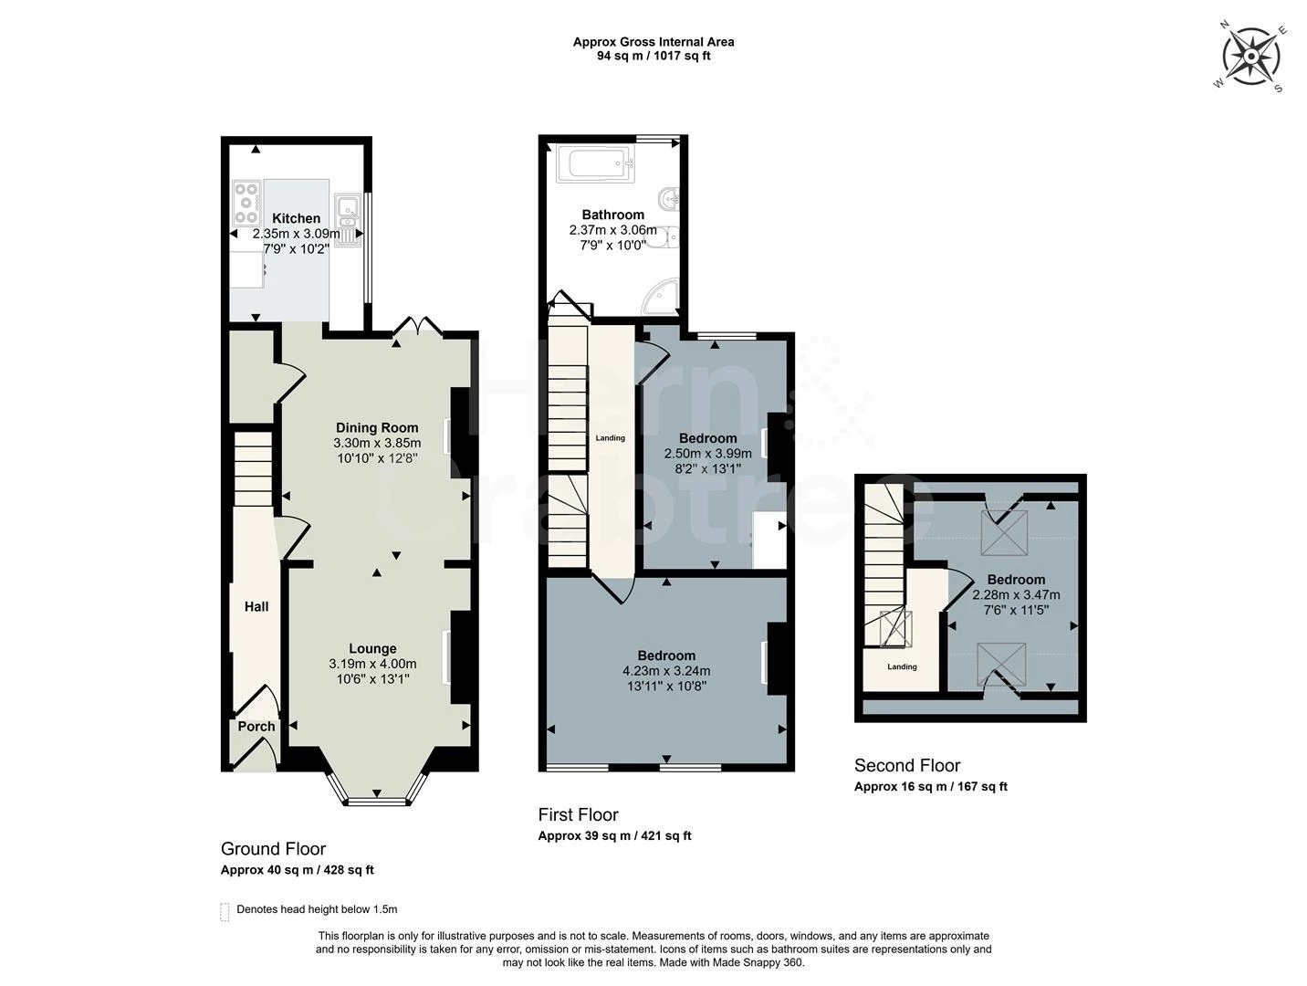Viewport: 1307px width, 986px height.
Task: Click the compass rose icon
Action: coord(1251,58)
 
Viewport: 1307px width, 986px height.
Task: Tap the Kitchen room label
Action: coord(296,218)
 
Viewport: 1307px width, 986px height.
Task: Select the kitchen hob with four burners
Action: coord(246,203)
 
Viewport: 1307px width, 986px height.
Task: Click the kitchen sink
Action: coord(348,220)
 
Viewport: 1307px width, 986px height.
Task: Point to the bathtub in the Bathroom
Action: coord(595,163)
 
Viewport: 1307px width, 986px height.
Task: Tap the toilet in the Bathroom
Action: coord(663,237)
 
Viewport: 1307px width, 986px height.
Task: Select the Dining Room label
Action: coord(377,427)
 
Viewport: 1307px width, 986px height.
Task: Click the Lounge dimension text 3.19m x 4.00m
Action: coord(372,664)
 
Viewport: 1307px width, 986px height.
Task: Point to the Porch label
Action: coord(256,727)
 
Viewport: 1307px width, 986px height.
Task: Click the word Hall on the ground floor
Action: coord(256,606)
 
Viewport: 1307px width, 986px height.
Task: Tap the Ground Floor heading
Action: coord(273,848)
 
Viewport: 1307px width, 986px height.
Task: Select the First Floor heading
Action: coord(578,814)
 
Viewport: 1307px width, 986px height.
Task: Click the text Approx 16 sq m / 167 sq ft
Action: coord(931,787)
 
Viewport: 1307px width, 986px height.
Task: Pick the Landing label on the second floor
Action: coord(902,666)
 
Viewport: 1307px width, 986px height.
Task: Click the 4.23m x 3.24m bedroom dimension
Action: coord(666,670)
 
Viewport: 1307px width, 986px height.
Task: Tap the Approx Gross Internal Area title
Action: coord(653,42)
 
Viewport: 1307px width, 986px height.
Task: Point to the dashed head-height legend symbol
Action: coord(225,911)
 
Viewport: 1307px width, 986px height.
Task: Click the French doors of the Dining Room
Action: coord(419,326)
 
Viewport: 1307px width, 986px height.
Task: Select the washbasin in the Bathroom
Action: coord(669,198)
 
